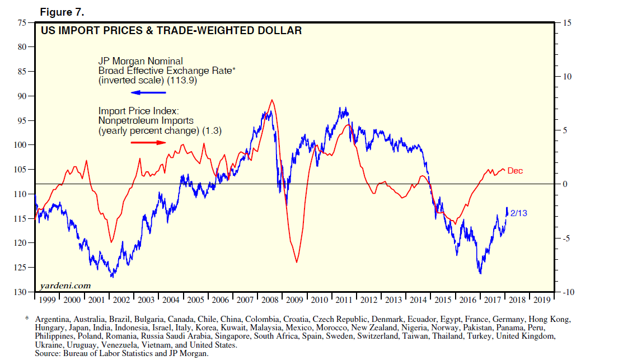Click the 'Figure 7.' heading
pyautogui.click(x=62, y=12)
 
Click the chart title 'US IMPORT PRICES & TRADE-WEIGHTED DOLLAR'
pyautogui.click(x=171, y=31)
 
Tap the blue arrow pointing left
pyautogui.click(x=148, y=92)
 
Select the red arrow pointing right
pyautogui.click(x=148, y=142)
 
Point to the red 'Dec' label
pyautogui.click(x=515, y=171)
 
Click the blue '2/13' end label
pyautogui.click(x=518, y=213)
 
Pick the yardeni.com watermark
pyautogui.click(x=65, y=286)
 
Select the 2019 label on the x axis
pyautogui.click(x=541, y=300)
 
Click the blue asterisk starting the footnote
pyautogui.click(x=26, y=319)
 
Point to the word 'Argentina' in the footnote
pyautogui.click(x=53, y=319)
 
